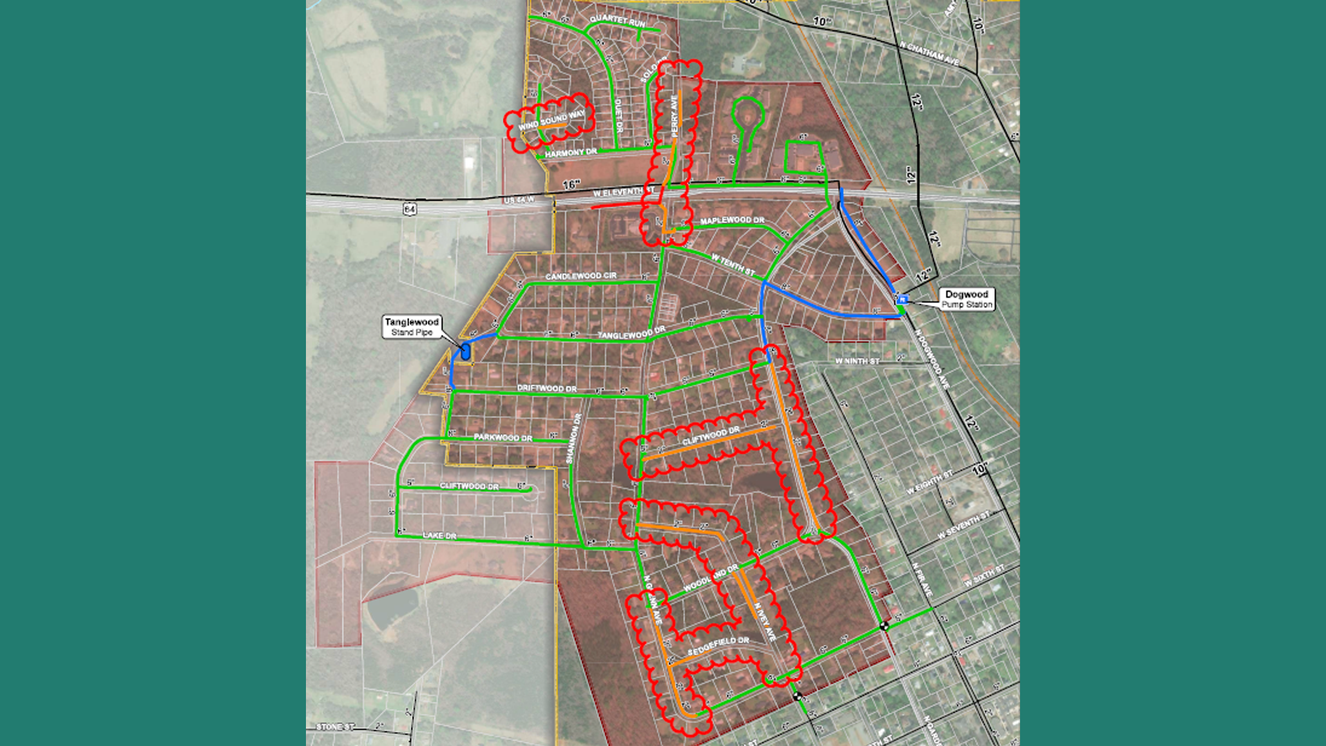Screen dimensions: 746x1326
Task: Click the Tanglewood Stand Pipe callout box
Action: tap(412, 327)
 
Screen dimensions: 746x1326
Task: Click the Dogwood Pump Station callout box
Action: tap(966, 299)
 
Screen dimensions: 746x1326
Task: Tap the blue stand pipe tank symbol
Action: tap(465, 352)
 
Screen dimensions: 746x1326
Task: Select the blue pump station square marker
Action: tap(901, 300)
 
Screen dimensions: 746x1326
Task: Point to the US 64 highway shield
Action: tap(410, 209)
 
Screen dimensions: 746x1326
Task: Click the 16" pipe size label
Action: tap(571, 184)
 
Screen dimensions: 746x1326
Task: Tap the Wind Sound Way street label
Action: tap(551, 121)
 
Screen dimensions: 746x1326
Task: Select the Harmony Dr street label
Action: tap(570, 153)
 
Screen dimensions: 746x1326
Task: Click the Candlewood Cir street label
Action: tap(581, 276)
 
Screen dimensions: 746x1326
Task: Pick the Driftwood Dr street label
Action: tap(547, 388)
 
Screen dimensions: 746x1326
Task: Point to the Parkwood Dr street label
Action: tap(503, 438)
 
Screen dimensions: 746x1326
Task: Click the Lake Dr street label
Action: tap(439, 535)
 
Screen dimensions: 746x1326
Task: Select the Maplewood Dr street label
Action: tap(732, 220)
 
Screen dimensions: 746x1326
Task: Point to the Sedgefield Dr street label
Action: tap(718, 646)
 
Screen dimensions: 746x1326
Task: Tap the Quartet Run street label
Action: tap(617, 21)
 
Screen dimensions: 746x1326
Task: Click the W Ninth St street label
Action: tap(857, 361)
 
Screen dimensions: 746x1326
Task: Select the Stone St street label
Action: tap(335, 727)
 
